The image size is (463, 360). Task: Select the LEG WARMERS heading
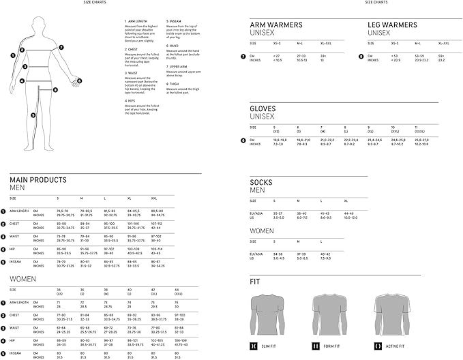pos(393,25)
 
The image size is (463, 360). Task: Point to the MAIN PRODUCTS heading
pos(38,180)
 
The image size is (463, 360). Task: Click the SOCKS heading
pos(261,182)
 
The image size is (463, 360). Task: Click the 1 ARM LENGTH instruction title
pos(136,22)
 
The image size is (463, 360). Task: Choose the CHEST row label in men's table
pos(18,223)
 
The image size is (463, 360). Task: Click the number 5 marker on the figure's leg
pos(32,115)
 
